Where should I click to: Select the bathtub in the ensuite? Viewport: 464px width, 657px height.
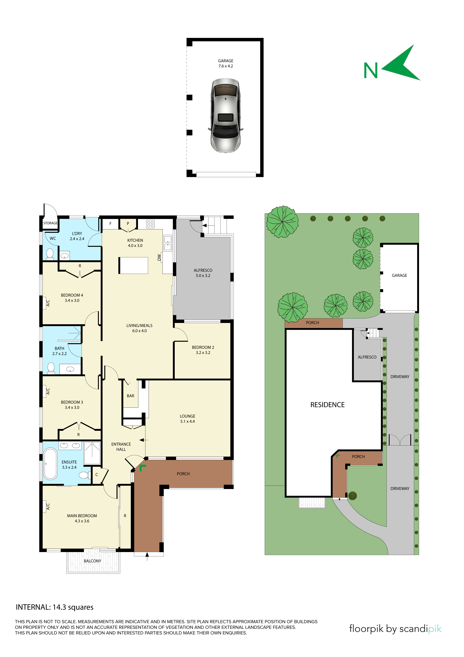coord(50,464)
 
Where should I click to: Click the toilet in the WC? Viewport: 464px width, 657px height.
coord(50,254)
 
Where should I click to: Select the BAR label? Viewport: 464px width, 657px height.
coord(130,396)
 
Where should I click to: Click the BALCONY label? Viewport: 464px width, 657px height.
coord(92,561)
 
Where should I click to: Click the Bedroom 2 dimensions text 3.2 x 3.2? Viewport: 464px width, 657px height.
coord(203,352)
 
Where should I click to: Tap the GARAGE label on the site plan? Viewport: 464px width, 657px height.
coord(399,275)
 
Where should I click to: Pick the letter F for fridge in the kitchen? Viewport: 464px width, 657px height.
coord(110,223)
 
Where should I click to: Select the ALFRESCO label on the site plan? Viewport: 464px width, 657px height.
coord(367,357)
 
